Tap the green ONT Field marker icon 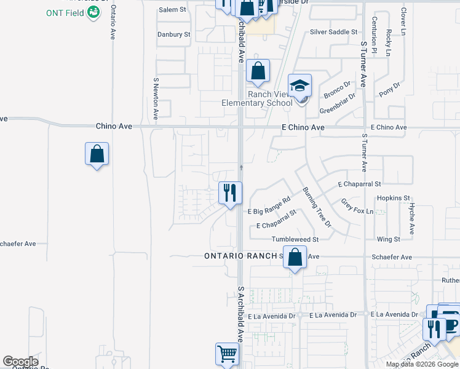[93, 13]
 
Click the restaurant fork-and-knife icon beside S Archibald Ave [230, 192]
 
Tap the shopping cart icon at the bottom [227, 354]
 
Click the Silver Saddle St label [333, 31]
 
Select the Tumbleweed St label [296, 239]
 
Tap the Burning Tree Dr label [316, 205]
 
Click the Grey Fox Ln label [357, 207]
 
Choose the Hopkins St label [393, 198]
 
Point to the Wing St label [389, 239]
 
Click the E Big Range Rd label [269, 206]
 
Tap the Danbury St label [173, 34]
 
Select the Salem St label [172, 10]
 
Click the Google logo [20, 362]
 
